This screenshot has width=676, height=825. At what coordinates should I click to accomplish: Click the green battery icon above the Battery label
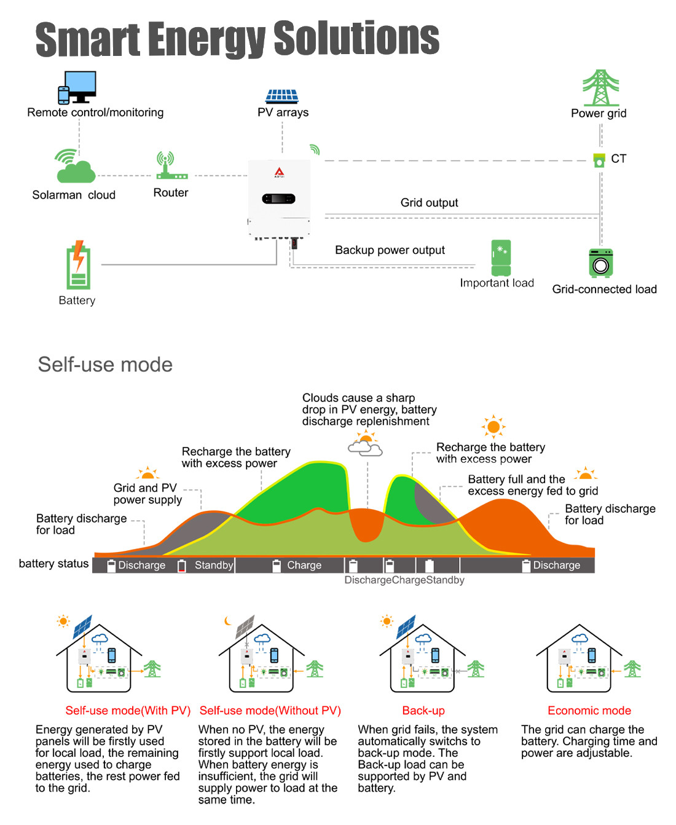tap(78, 265)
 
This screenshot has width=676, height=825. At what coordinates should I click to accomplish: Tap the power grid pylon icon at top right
tap(600, 88)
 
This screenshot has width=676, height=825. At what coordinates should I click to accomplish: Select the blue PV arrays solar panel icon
tap(282, 96)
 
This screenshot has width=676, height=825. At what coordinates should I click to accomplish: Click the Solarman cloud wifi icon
tap(75, 167)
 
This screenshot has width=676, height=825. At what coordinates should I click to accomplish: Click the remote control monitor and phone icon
tap(77, 87)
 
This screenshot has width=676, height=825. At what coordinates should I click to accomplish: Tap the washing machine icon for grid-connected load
tap(600, 264)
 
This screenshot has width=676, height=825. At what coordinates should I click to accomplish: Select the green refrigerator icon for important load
tap(501, 258)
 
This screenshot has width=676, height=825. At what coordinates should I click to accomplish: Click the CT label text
tap(618, 159)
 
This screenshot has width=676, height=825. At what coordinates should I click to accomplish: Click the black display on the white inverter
tap(278, 199)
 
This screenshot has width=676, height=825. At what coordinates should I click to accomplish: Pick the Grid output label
tap(429, 203)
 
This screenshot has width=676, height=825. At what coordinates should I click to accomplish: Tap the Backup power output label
tap(390, 250)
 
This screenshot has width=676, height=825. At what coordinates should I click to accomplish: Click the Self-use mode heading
tap(105, 365)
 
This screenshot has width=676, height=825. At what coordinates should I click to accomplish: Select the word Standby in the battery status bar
tap(213, 565)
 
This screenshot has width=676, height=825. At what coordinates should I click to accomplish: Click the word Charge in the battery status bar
tap(304, 565)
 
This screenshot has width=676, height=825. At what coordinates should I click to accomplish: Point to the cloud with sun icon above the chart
tap(366, 444)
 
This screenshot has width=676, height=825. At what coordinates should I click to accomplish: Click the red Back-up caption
tap(423, 711)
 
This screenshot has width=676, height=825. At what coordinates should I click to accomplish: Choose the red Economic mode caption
tap(589, 711)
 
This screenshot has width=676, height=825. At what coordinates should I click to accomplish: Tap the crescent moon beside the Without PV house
tap(229, 620)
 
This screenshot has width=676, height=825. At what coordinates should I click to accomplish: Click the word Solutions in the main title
tap(356, 39)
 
